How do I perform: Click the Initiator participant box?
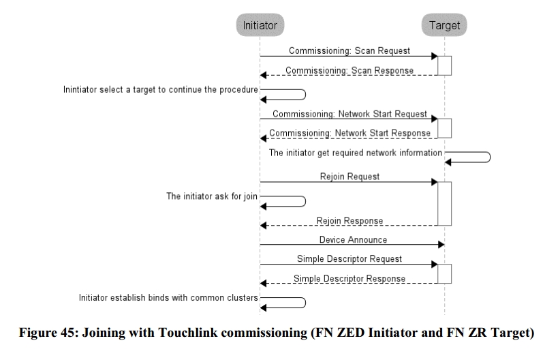click(260, 26)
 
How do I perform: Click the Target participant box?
click(445, 26)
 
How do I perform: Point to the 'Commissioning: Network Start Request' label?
click(349, 114)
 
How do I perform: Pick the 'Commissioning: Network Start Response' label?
click(350, 133)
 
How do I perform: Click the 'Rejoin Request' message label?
click(349, 177)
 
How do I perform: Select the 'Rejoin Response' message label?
click(349, 221)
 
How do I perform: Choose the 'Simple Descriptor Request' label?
click(349, 259)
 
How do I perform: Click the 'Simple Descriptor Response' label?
click(349, 278)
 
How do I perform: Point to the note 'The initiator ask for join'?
click(212, 196)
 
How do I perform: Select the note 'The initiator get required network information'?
click(356, 153)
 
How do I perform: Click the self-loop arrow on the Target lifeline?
click(469, 157)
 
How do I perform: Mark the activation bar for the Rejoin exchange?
click(445, 202)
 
